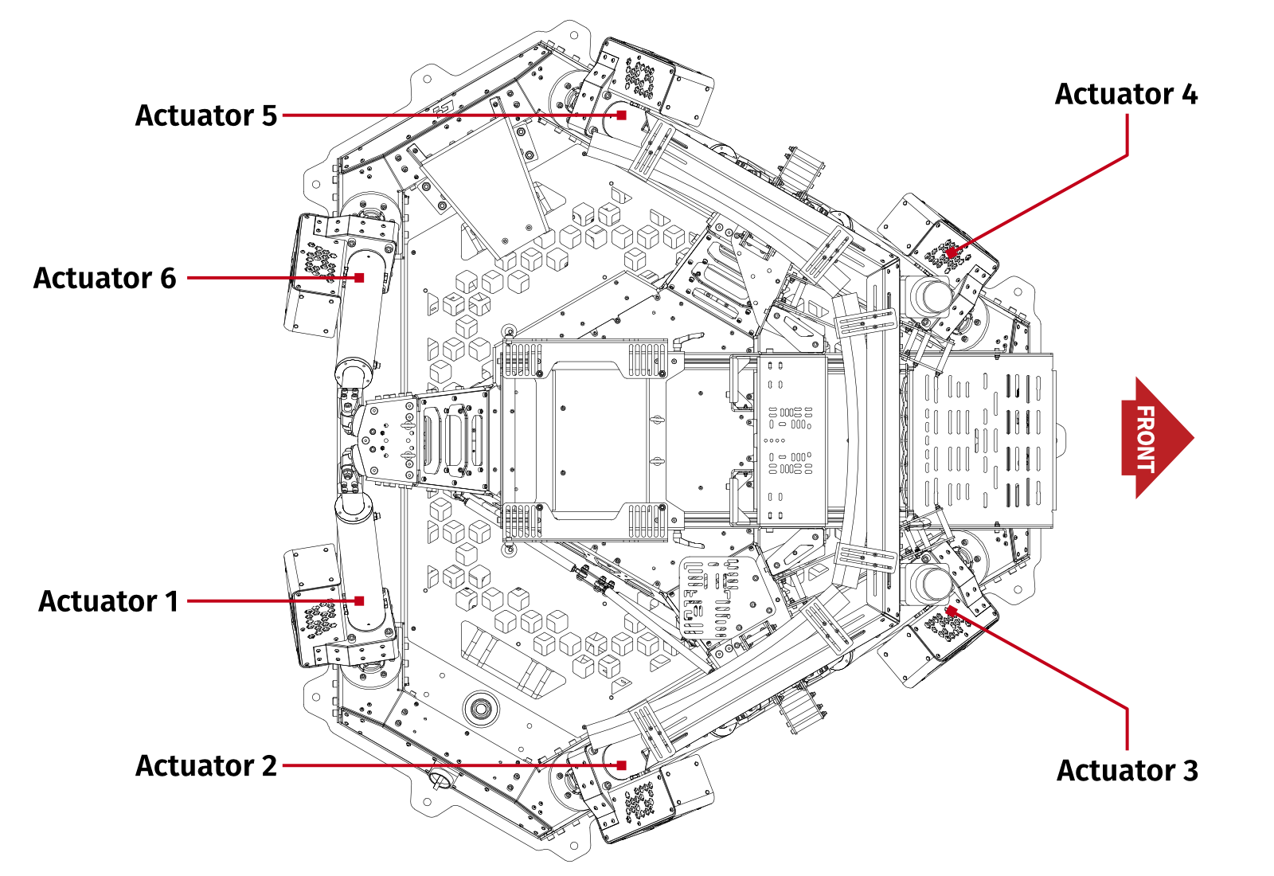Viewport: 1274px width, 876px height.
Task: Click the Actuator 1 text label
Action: pos(108,601)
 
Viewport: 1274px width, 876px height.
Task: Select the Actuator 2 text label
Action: pos(205,766)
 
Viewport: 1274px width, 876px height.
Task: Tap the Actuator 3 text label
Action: pos(1127,771)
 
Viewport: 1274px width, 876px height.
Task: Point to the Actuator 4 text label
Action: pos(1126,94)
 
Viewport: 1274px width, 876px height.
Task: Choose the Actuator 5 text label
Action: pos(205,115)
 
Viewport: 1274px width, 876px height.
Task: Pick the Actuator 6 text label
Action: pos(104,278)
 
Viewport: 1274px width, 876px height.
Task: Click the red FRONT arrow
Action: pos(1155,437)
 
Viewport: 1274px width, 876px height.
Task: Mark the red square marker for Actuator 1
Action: pos(360,601)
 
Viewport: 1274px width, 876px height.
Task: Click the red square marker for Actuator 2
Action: pos(622,765)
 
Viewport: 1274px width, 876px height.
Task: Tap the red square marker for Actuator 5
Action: pos(622,115)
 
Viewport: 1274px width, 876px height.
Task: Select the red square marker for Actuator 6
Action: pos(360,278)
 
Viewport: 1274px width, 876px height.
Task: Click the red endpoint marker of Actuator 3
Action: pos(950,611)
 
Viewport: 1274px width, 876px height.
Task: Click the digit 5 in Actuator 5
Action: pos(269,115)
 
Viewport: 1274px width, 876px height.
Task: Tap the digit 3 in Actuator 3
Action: pos(1190,771)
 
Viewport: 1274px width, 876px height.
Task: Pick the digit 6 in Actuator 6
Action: pos(168,278)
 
